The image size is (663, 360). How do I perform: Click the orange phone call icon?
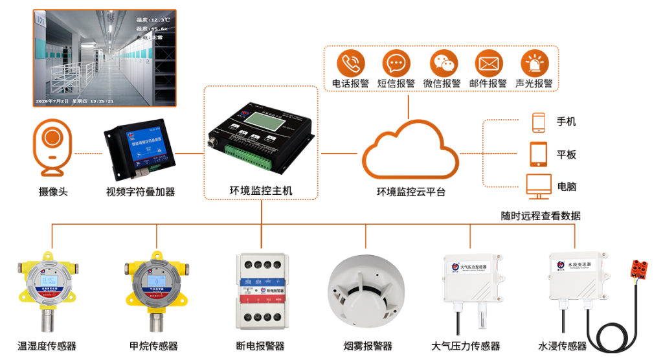[351, 63]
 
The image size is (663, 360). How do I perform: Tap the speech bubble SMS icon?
[396, 63]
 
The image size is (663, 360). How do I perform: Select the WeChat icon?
[444, 63]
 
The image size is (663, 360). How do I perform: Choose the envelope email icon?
[489, 63]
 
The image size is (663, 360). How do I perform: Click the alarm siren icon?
[535, 63]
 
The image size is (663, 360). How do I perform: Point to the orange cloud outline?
[409, 152]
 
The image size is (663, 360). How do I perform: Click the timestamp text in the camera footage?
[75, 101]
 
